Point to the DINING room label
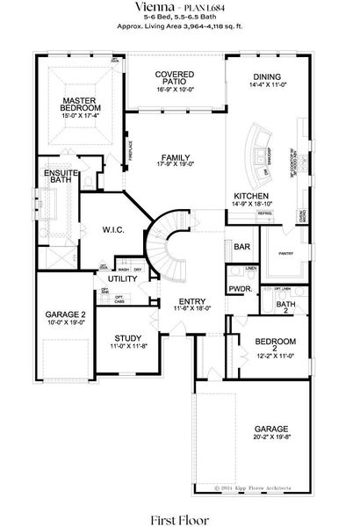tap(267, 76)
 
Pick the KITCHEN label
tap(250, 195)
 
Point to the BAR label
tap(241, 249)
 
